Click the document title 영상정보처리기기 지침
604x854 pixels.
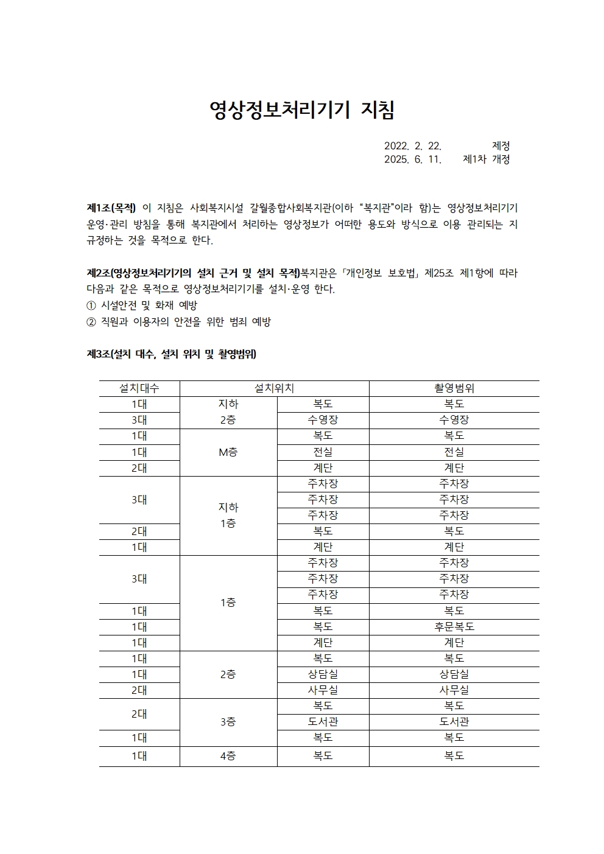tap(302, 110)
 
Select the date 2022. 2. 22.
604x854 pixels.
tap(412, 146)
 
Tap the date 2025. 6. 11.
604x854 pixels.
tap(412, 159)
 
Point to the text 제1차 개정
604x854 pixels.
tap(486, 159)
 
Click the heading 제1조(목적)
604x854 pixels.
tap(111, 208)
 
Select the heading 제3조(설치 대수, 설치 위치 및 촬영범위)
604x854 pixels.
tap(171, 354)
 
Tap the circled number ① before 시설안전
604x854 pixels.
tap(91, 306)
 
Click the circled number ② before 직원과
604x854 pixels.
tap(91, 322)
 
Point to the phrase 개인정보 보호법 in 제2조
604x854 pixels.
tap(381, 273)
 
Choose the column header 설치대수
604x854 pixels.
tap(139, 388)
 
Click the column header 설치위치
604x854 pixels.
tap(274, 388)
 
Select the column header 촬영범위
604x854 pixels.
tap(454, 388)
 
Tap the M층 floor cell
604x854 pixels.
tap(228, 452)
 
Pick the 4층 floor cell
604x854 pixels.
tap(228, 756)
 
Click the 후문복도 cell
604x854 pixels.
tap(454, 627)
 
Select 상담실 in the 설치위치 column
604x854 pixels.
tap(323, 674)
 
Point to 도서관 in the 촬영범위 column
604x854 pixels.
tap(454, 722)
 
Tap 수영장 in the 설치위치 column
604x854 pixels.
tap(323, 420)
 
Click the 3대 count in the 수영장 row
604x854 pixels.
tap(139, 420)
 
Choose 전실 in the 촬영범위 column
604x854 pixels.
tap(454, 452)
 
